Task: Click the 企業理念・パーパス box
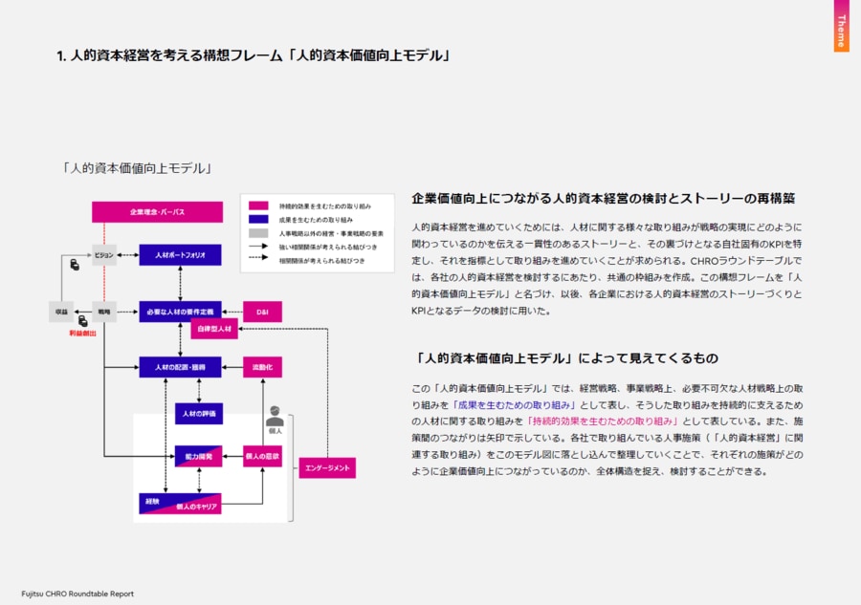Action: coord(157,211)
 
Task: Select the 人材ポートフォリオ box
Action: coord(180,255)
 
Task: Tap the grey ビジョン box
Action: coord(104,255)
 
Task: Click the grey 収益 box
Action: coord(60,311)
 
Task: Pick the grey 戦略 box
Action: coord(104,311)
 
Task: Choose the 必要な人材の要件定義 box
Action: coord(180,311)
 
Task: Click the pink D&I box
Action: coord(262,312)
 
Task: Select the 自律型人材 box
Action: coord(213,330)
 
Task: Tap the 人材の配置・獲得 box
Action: coord(180,367)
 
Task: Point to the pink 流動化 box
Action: coord(262,367)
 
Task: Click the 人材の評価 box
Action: coord(198,413)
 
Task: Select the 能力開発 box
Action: coord(198,457)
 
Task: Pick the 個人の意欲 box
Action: coord(262,457)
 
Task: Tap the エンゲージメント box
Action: coord(327,468)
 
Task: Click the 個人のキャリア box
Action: coord(180,505)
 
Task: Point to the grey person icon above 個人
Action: coord(275,416)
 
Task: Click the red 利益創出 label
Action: coord(81,334)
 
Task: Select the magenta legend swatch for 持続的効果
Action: coord(257,206)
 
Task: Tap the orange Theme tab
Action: coord(841,26)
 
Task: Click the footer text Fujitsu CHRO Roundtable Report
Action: coord(77,594)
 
